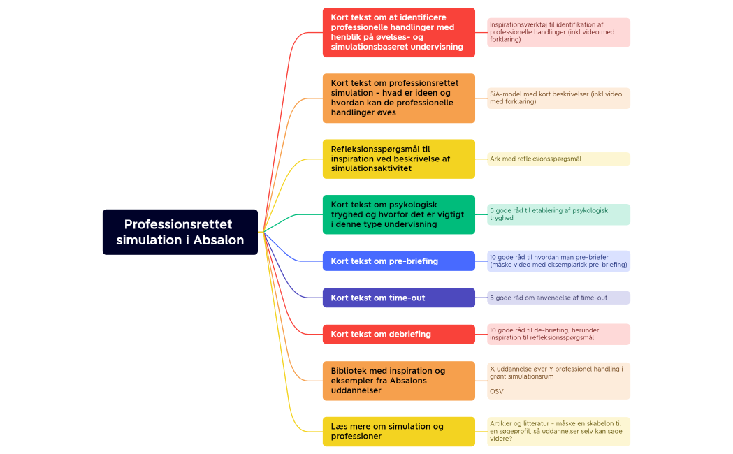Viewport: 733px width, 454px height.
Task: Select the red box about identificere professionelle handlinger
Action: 398,32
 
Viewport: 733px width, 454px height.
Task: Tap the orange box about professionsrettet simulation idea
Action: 398,98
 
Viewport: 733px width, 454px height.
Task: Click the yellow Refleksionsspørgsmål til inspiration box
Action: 398,159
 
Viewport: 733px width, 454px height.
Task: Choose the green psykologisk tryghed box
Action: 398,214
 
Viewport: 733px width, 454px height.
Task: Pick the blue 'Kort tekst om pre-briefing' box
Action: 398,261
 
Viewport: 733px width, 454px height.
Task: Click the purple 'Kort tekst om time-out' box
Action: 398,298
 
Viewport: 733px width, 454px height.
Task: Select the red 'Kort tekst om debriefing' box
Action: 398,334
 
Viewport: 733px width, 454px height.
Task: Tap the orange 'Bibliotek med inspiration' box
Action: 398,381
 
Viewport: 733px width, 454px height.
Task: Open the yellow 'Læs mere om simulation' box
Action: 398,431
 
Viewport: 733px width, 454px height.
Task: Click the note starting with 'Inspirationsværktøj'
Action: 558,32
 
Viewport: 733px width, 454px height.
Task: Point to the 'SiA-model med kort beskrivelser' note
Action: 558,98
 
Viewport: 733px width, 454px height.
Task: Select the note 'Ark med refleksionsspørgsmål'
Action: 558,159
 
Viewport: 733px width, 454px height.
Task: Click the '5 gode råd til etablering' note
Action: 558,214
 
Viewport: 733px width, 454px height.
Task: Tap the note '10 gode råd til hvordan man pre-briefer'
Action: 558,261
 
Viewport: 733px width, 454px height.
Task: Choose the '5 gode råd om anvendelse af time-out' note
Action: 558,298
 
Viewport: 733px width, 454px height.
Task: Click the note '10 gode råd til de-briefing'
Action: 558,334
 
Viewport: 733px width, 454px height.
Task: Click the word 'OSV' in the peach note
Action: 496,391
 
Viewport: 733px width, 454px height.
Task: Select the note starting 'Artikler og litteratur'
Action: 558,431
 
